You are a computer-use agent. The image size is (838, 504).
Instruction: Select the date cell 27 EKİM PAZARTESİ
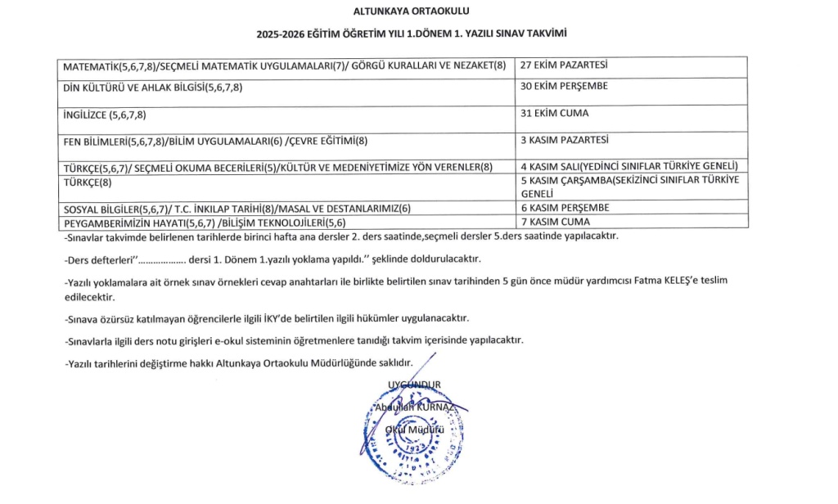(x=564, y=65)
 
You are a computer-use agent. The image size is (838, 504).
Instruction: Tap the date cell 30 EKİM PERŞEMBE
(x=564, y=86)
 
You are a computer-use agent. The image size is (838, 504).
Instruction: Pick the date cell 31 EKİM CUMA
(x=555, y=113)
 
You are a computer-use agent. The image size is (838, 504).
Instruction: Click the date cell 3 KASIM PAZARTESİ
(x=564, y=140)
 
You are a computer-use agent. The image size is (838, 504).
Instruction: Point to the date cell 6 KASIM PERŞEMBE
(x=565, y=208)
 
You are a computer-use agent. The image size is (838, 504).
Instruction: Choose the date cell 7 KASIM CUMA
(x=555, y=222)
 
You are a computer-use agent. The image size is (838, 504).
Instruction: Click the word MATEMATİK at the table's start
(x=91, y=65)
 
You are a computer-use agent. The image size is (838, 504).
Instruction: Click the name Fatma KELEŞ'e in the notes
(x=652, y=281)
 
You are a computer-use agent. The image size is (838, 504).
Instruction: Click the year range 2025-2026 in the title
(x=283, y=34)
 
